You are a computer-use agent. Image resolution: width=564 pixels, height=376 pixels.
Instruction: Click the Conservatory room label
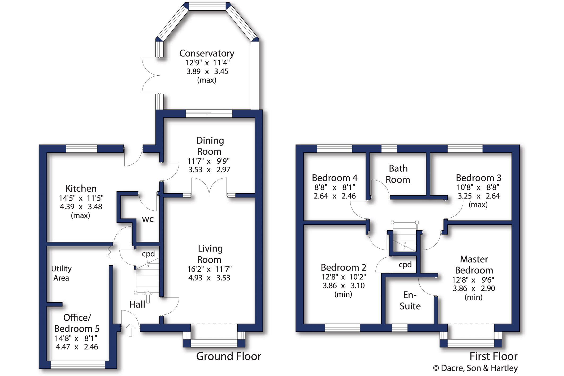point(207,53)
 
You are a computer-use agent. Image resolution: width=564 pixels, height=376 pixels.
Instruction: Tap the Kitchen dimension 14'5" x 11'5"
point(81,198)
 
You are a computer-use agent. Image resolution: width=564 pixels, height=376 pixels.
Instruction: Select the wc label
point(148,219)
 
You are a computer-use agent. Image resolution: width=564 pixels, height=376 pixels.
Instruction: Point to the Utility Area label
point(61,273)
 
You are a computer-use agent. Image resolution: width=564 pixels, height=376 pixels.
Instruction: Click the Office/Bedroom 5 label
point(77,323)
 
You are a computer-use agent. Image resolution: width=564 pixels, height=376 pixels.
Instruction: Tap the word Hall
point(137,304)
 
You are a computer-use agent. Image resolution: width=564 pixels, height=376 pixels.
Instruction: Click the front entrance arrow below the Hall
point(130,330)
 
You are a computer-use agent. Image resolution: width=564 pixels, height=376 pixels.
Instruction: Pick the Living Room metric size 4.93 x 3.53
point(209,278)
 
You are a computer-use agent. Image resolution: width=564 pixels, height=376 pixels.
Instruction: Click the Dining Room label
point(210,146)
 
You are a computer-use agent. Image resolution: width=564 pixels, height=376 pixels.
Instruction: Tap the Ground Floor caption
point(228,356)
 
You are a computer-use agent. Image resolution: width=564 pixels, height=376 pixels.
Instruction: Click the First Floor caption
point(493,356)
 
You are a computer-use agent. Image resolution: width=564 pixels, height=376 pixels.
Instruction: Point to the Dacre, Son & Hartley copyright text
point(475,368)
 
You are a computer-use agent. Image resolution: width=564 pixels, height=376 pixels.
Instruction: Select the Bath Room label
point(398,174)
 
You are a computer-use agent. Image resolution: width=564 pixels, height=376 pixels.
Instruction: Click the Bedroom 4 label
point(335,178)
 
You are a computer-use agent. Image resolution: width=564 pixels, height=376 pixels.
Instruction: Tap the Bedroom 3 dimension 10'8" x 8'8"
point(478,188)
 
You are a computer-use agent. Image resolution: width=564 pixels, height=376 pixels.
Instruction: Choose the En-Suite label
point(410,301)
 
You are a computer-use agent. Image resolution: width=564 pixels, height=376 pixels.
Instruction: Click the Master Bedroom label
point(474,265)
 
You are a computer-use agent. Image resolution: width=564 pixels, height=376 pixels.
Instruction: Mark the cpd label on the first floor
point(405,265)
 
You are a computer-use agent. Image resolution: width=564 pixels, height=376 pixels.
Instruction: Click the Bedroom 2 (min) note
point(343,294)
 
